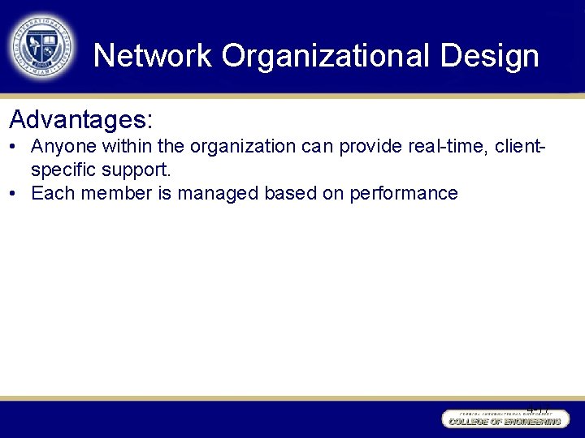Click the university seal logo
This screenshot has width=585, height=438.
click(41, 46)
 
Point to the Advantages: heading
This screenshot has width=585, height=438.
click(80, 120)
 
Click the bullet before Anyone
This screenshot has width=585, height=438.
click(14, 147)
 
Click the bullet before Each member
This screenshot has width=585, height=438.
click(14, 194)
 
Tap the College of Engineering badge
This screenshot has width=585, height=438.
click(503, 419)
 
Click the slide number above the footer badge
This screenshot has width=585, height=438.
click(537, 410)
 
